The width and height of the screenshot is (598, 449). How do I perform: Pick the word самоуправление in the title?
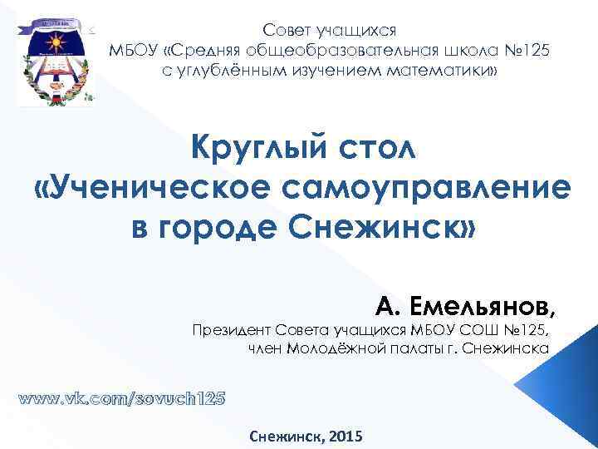pos(431,189)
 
